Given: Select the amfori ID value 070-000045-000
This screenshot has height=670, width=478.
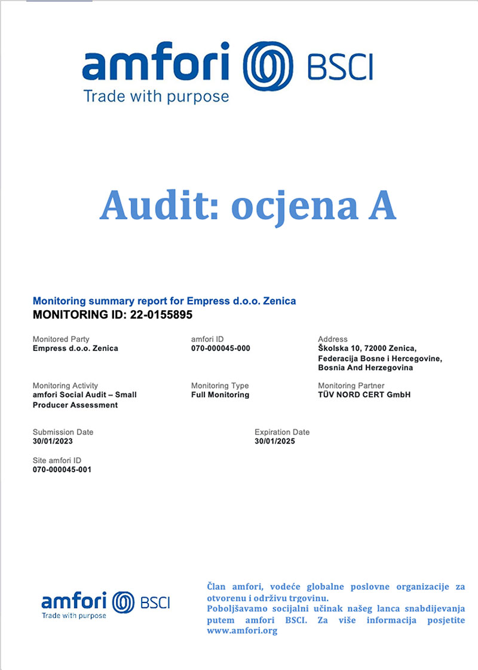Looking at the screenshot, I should pyautogui.click(x=220, y=348).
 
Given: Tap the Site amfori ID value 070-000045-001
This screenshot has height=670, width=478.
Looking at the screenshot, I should pyautogui.click(x=62, y=469).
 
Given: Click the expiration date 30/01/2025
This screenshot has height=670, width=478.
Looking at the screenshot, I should pyautogui.click(x=275, y=442).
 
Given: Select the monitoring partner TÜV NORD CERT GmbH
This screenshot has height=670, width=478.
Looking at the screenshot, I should pyautogui.click(x=364, y=395).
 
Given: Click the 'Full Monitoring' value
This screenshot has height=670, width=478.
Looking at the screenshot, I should pyautogui.click(x=220, y=395).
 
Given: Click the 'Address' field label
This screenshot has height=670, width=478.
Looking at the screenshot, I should pyautogui.click(x=333, y=339).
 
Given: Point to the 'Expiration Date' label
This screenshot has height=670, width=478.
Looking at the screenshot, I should pyautogui.click(x=282, y=432).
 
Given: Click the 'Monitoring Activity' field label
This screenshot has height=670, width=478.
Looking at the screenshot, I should pyautogui.click(x=65, y=386).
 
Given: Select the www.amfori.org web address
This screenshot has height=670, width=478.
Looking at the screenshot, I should pyautogui.click(x=242, y=631).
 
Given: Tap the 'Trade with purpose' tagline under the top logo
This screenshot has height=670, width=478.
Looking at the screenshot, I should pyautogui.click(x=156, y=96).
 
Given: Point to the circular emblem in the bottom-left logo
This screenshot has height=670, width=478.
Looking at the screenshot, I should pyautogui.click(x=122, y=601).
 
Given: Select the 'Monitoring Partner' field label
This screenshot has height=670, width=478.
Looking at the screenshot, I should pyautogui.click(x=351, y=386).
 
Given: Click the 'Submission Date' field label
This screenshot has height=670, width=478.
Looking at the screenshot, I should pyautogui.click(x=63, y=432).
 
